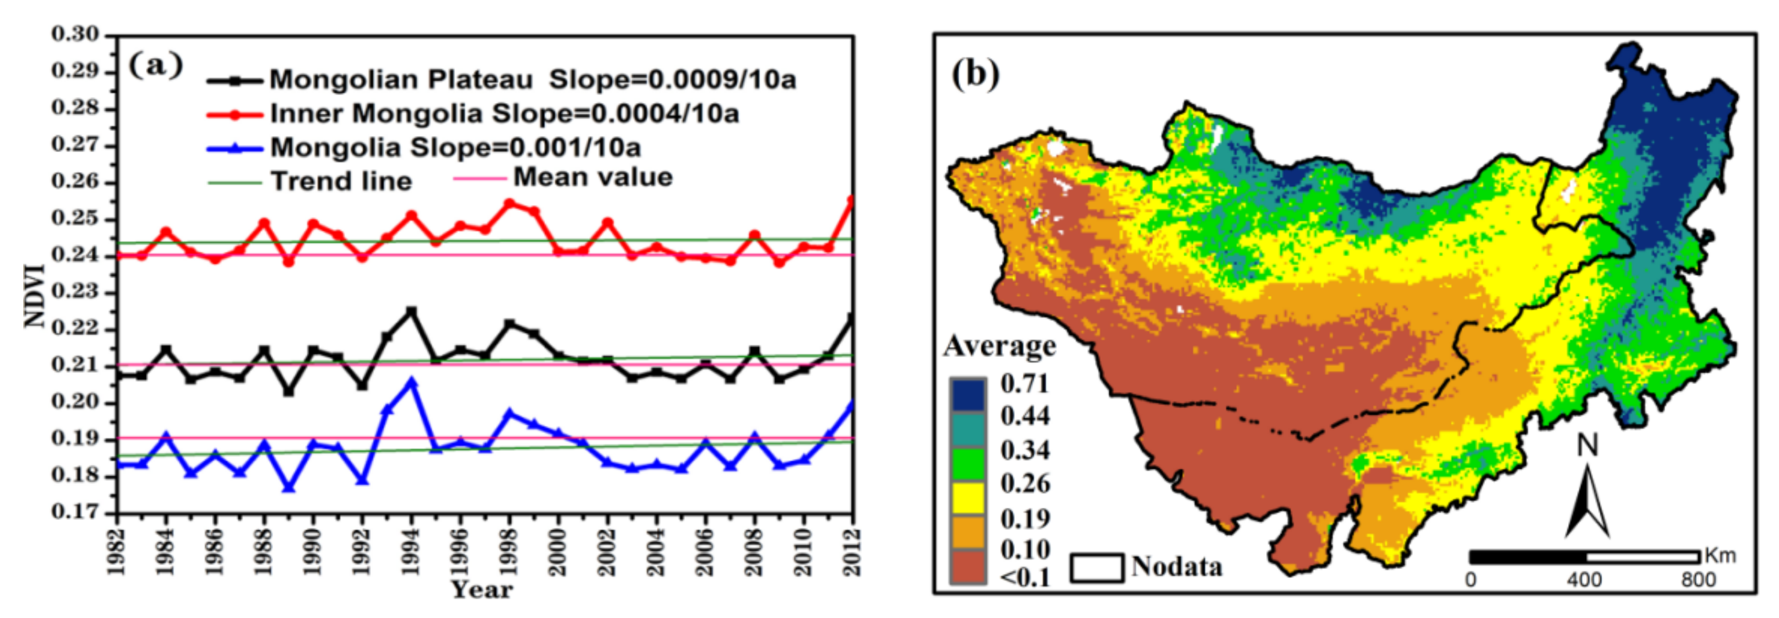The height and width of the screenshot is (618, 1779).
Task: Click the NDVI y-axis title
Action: tap(35, 296)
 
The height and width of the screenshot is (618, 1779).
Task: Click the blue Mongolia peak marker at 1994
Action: tap(412, 381)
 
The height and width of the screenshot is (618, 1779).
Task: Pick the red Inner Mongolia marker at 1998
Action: tap(510, 204)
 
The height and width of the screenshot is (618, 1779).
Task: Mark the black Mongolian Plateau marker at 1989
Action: tap(289, 392)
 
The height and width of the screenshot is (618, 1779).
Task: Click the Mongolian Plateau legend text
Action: tap(400, 80)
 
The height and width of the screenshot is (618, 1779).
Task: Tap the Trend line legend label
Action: tap(341, 182)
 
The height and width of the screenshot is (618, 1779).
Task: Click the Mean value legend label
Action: tap(592, 177)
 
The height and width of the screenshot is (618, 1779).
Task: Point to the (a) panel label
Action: tap(156, 66)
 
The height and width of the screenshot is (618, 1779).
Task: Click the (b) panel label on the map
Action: tap(975, 73)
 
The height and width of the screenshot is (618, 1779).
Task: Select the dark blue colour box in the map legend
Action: tap(967, 395)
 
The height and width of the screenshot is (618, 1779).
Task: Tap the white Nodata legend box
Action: tap(1097, 567)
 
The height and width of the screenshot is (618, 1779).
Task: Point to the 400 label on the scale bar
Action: tap(1584, 579)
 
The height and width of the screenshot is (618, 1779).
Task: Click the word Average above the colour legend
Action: tap(999, 345)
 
